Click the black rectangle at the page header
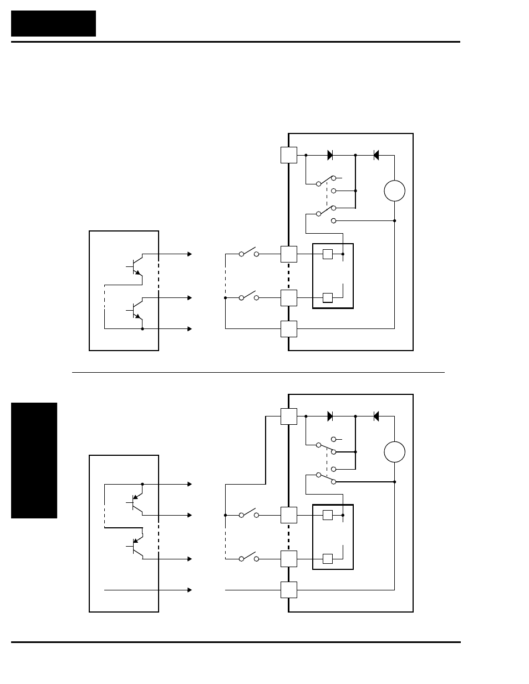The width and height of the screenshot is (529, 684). (x=53, y=23)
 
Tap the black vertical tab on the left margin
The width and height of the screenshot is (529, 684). (x=34, y=460)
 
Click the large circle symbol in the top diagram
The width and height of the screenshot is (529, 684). (x=394, y=191)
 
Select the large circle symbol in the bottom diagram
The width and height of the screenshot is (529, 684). (x=394, y=452)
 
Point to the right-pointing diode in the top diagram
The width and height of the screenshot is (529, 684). (x=330, y=156)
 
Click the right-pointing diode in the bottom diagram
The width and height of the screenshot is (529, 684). (x=330, y=416)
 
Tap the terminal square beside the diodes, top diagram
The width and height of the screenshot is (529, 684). (x=289, y=155)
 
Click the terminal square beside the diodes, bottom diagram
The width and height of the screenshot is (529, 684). (x=289, y=416)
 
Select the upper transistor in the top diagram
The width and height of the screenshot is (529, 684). (x=136, y=265)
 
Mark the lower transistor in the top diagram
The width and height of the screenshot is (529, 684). (x=136, y=310)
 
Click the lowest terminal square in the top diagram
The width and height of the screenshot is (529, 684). (x=289, y=329)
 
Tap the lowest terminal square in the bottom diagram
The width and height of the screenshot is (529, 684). (x=289, y=590)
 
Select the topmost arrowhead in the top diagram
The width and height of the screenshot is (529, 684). (x=190, y=254)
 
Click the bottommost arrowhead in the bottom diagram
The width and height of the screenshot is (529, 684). (x=190, y=590)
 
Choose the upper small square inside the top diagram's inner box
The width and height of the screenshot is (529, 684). (x=328, y=254)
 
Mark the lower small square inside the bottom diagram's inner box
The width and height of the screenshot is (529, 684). (x=328, y=558)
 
